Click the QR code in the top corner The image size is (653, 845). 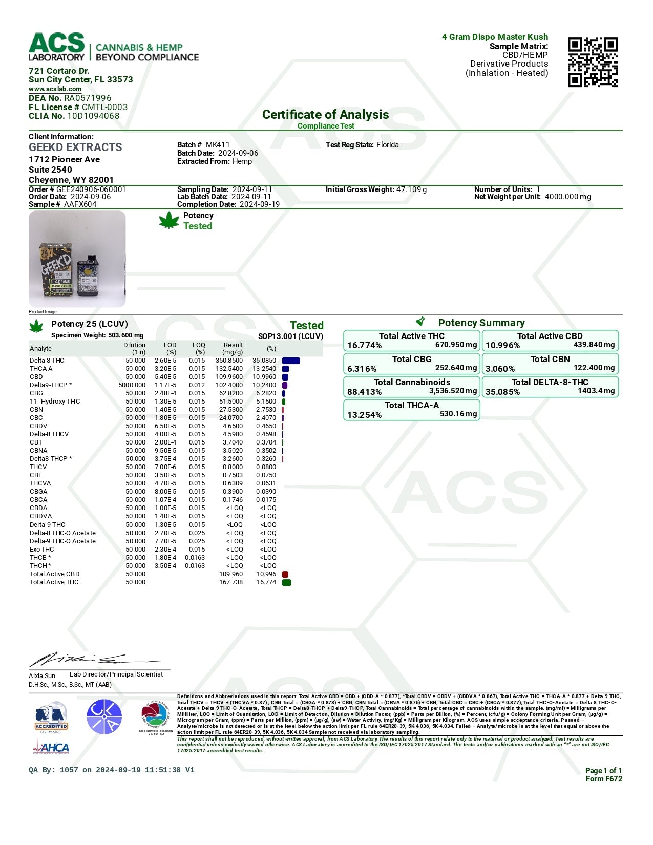pyautogui.click(x=593, y=62)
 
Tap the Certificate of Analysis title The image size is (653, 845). pyautogui.click(x=325, y=115)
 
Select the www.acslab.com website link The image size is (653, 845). pyautogui.click(x=55, y=89)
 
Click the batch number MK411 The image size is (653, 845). pyautogui.click(x=218, y=145)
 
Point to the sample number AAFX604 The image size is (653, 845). pyautogui.click(x=80, y=204)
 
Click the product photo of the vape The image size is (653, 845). pyautogui.click(x=77, y=259)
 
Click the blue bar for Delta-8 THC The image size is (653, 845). pyautogui.click(x=291, y=361)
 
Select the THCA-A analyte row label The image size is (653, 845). pyautogui.click(x=41, y=369)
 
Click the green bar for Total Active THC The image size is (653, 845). pyautogui.click(x=287, y=582)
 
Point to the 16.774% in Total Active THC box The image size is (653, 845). pyautogui.click(x=364, y=346)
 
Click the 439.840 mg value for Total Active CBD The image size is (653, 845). pyautogui.click(x=594, y=345)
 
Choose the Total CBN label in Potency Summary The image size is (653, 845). pyautogui.click(x=550, y=359)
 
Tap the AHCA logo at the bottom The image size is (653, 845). pyautogui.click(x=51, y=749)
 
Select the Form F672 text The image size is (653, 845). pyautogui.click(x=604, y=779)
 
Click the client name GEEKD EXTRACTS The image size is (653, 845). pyautogui.click(x=75, y=147)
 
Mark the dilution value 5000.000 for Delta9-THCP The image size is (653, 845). pyautogui.click(x=132, y=385)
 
